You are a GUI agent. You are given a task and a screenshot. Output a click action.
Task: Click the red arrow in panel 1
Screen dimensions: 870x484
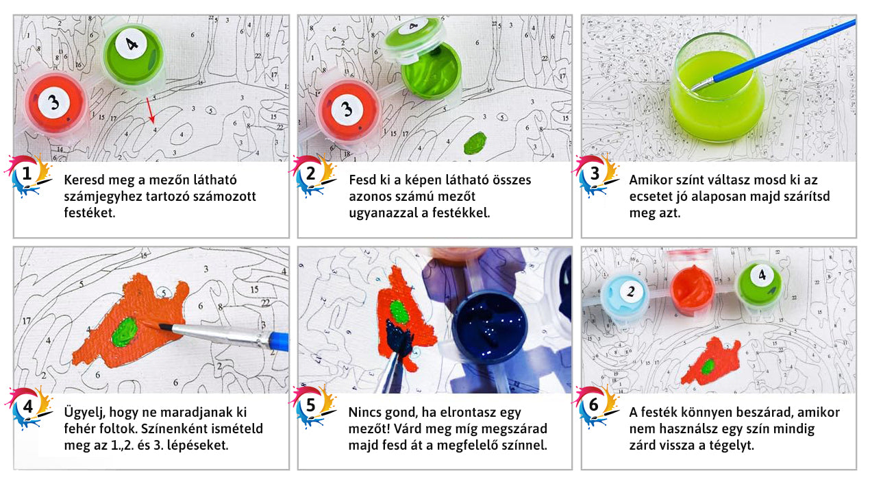pos(151,110)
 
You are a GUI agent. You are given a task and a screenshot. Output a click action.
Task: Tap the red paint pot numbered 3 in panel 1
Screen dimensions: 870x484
pos(55,104)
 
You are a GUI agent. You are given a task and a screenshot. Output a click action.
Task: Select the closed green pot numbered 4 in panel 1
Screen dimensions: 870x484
pos(133,54)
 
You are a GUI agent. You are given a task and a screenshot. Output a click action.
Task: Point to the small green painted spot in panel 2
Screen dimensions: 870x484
pos(475,143)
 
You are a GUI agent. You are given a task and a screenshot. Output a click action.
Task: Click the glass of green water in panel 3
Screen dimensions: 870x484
pos(717,88)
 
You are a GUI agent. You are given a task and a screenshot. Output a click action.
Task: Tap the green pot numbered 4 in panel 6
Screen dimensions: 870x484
pos(759,284)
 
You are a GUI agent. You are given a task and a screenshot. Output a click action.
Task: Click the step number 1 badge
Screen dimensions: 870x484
pos(27,175)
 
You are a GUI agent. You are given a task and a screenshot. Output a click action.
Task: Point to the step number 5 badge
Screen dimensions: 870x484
pos(311,407)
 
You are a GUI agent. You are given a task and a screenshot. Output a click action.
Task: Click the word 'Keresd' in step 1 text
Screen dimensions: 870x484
pos(84,180)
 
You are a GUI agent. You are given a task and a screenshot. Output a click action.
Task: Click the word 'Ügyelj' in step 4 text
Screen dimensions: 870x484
pos(84,413)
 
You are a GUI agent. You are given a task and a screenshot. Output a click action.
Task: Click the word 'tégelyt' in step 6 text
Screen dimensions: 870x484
pos(732,446)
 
